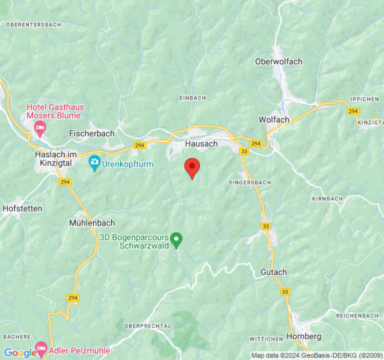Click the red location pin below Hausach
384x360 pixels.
click(x=192, y=167)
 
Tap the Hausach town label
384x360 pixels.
click(x=201, y=144)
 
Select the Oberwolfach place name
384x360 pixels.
click(x=279, y=61)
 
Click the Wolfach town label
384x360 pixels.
click(x=274, y=119)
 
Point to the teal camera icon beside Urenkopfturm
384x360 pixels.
click(x=94, y=162)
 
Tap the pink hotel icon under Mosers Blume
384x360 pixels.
click(x=40, y=128)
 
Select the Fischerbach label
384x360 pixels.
click(x=92, y=133)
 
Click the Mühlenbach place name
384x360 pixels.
click(x=92, y=223)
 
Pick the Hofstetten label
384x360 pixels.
click(x=22, y=208)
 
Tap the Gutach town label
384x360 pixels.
click(x=273, y=272)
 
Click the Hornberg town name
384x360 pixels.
click(x=303, y=336)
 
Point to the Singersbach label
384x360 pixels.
click(x=249, y=183)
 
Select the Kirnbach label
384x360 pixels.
click(x=327, y=198)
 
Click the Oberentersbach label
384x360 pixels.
click(x=34, y=25)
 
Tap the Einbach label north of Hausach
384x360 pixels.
click(x=192, y=98)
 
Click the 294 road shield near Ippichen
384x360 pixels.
click(x=353, y=111)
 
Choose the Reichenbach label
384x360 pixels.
click(x=357, y=316)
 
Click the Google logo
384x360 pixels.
click(x=20, y=353)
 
